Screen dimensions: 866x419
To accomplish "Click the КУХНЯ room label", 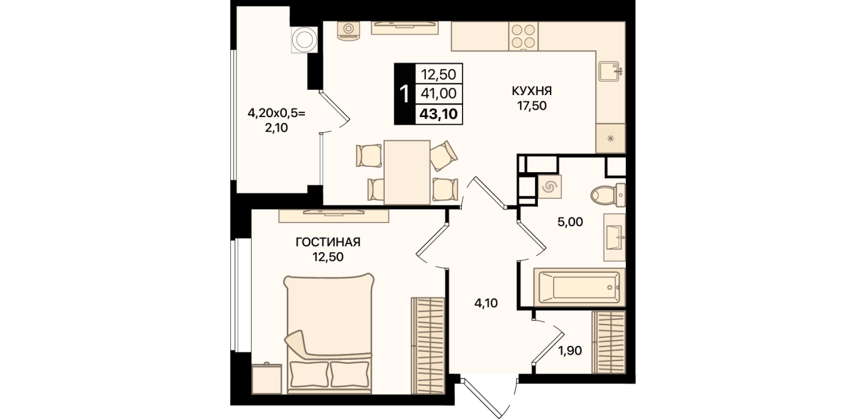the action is (x=532, y=91).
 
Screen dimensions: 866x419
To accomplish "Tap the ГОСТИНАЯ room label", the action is (x=328, y=243).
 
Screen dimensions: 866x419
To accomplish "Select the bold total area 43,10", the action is (x=439, y=114).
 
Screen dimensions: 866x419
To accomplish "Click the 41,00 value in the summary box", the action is (x=439, y=94).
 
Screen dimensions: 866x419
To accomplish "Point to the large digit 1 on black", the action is (x=405, y=94).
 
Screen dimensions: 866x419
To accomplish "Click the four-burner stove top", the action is (x=523, y=37).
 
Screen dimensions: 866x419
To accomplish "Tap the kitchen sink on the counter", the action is (x=610, y=72).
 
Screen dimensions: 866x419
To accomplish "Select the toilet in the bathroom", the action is (x=608, y=195).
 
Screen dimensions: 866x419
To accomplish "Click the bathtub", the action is (x=579, y=287).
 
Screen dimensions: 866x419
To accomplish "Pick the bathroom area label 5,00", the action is (x=570, y=222).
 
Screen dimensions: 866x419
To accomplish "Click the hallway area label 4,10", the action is (x=486, y=303).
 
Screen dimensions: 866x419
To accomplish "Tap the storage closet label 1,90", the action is (x=570, y=350).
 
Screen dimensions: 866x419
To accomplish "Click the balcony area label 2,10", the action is (x=276, y=128).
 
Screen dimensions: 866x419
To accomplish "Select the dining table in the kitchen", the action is (x=407, y=172).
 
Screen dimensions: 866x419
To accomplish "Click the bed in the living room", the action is (x=329, y=334).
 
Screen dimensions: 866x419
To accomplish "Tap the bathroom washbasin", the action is (x=614, y=237).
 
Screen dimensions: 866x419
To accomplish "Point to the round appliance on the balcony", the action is (x=304, y=39).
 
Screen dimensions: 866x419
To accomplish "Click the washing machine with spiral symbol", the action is (x=549, y=187).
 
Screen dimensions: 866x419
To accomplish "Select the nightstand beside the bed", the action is (x=266, y=378).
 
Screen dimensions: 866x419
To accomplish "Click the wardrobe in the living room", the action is (x=427, y=346).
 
